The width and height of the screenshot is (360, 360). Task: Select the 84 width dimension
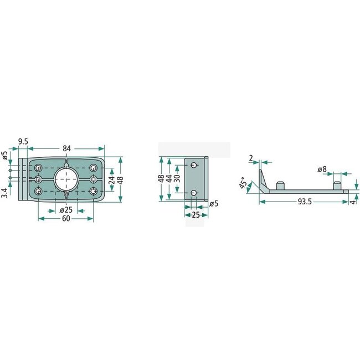66,148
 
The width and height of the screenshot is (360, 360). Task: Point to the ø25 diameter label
66,210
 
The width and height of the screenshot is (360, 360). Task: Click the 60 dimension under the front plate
66,219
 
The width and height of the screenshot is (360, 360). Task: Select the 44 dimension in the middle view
169,179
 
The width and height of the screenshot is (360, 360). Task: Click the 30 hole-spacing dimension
177,179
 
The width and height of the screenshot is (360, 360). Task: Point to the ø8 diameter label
322,169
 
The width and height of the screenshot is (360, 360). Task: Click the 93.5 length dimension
304,202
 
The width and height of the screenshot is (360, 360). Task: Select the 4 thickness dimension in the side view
353,202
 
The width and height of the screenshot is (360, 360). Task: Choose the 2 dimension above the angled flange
251,159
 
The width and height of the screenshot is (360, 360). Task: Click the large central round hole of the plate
66,179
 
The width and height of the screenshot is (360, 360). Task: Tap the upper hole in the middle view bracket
193,166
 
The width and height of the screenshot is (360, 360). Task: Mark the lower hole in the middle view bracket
193,192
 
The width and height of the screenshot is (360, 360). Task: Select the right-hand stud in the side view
336,184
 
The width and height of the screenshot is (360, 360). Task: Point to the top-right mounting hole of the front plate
93,167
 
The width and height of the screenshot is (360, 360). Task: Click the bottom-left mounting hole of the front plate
38,191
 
